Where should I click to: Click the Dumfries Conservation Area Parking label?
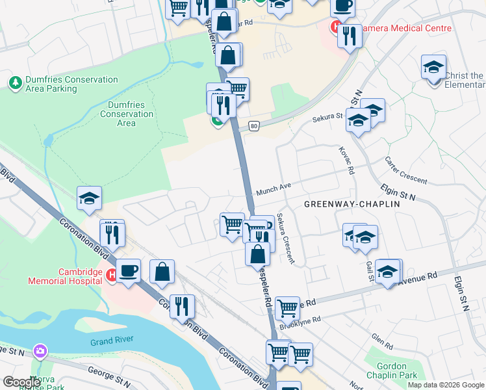(x=71, y=84)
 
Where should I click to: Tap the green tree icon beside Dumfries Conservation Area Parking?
(x=15, y=83)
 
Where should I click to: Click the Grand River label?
(x=112, y=342)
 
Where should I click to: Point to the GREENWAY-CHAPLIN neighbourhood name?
(x=352, y=204)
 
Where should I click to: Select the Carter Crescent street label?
(x=405, y=170)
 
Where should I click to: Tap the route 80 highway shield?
(x=254, y=127)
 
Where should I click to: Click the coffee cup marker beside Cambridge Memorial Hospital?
(x=128, y=270)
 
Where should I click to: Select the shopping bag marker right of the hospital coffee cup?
(x=162, y=270)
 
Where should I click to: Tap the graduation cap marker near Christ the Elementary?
(x=433, y=68)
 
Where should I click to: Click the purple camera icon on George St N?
(x=40, y=351)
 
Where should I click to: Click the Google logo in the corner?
(x=21, y=382)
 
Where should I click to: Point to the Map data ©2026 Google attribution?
(x=446, y=385)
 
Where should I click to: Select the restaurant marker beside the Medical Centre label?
(x=350, y=35)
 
